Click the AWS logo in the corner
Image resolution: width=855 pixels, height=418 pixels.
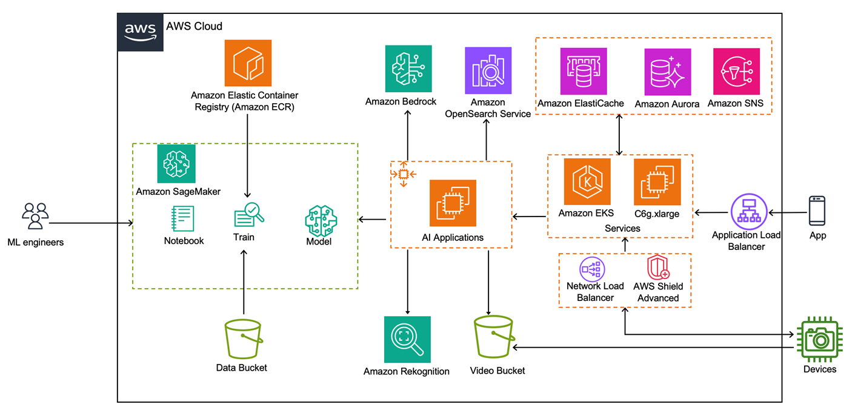140,32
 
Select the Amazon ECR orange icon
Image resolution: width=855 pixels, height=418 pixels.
248,63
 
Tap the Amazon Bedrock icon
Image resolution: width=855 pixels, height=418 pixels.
408,69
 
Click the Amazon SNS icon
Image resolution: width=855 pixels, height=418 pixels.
736,72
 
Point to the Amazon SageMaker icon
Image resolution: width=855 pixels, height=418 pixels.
176,164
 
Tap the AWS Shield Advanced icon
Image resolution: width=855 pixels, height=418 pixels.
657,268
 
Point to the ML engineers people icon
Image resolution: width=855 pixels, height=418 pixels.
35,217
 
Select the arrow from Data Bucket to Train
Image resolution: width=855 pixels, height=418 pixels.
243,282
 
